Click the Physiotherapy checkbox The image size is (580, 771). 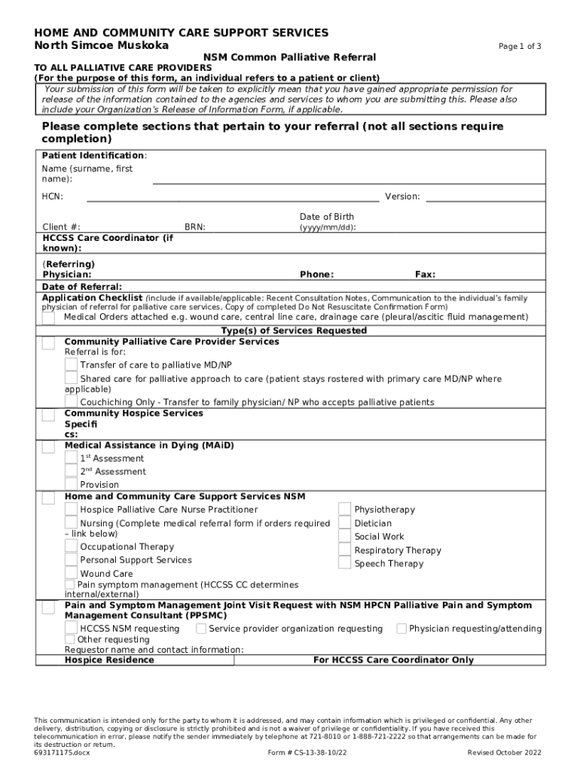click(x=344, y=509)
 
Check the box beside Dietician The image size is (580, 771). click(x=344, y=523)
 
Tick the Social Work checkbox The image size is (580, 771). click(x=344, y=536)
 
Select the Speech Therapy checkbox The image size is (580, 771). click(x=344, y=563)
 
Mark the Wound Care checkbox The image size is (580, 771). click(x=71, y=573)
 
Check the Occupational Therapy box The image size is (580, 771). click(x=71, y=547)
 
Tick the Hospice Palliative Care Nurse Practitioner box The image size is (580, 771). click(x=71, y=509)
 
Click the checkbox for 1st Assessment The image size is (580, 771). click(x=71, y=458)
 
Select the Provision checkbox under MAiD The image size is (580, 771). click(x=71, y=484)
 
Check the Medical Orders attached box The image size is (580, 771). click(x=48, y=318)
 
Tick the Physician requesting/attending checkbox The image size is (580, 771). click(x=401, y=629)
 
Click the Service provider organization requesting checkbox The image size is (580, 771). click(x=201, y=629)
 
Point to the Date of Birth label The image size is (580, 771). click(x=326, y=217)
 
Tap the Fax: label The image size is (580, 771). click(x=425, y=275)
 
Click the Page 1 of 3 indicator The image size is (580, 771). click(x=520, y=47)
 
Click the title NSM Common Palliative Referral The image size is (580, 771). click(x=290, y=57)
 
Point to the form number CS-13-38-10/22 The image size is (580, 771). click(x=308, y=752)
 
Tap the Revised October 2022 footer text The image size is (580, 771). click(x=504, y=752)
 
